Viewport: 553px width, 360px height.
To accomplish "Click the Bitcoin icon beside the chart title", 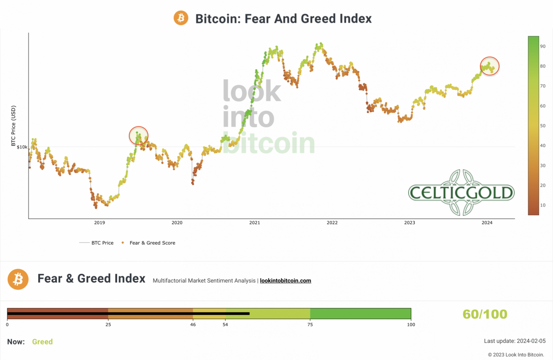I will [x=181, y=18].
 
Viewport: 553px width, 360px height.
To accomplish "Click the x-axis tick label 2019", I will [x=100, y=223].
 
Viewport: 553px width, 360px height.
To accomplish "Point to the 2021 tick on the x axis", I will [x=254, y=223].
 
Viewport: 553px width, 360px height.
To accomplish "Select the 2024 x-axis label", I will [x=487, y=223].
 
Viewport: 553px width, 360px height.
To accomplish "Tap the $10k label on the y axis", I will [x=22, y=147].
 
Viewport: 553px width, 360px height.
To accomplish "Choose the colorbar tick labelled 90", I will [x=543, y=47].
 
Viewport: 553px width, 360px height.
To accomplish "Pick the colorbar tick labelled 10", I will [x=543, y=205].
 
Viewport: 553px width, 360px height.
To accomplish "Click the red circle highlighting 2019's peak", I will [x=139, y=136].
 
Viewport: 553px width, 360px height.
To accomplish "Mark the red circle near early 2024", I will [x=489, y=66].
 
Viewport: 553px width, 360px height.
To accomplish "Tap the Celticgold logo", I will [x=461, y=193].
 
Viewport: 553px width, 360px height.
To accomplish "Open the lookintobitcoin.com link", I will [x=285, y=280].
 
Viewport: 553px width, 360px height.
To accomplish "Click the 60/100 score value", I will [x=485, y=314].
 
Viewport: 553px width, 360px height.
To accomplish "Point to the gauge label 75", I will [x=310, y=325].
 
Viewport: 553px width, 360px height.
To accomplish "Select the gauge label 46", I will [x=193, y=325].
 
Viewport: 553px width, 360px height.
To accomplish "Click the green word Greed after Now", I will [x=42, y=342].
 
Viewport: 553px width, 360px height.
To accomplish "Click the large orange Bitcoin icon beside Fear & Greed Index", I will [x=18, y=279].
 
